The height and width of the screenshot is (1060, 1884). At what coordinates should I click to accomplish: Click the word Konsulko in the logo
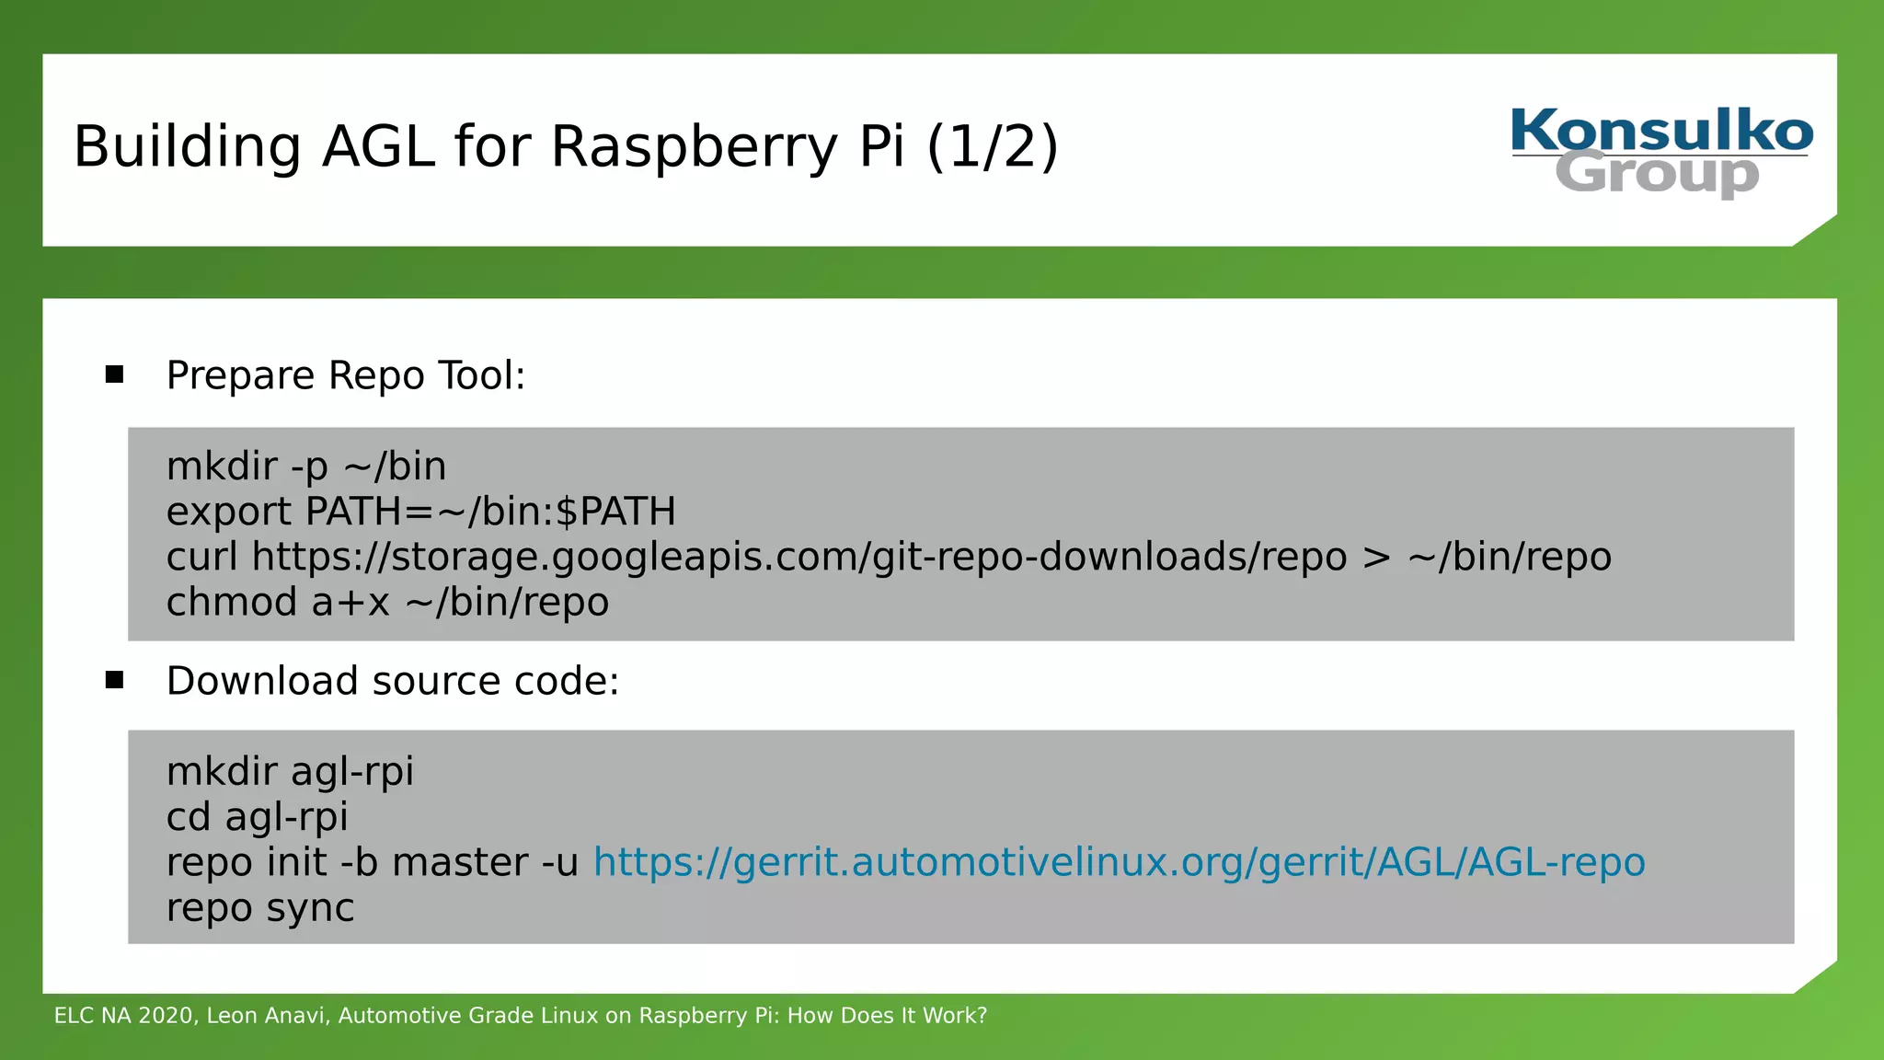click(x=1661, y=131)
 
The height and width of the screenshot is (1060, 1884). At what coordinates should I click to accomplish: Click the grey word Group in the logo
click(x=1657, y=174)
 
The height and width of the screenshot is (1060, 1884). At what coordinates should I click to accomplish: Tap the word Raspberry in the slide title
click(x=697, y=147)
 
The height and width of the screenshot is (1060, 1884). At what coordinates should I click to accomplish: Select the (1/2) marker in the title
click(x=993, y=147)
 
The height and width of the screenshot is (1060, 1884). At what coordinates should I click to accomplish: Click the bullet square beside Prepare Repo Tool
click(x=114, y=374)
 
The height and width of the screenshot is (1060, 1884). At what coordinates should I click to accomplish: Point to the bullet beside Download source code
click(x=114, y=680)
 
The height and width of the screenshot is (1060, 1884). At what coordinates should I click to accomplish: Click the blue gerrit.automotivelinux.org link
click(x=1119, y=862)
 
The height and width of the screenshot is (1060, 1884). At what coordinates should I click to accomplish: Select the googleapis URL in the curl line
click(x=799, y=557)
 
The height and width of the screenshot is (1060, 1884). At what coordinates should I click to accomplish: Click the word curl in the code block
click(x=201, y=557)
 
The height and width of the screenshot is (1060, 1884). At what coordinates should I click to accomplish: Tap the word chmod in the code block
click(x=232, y=603)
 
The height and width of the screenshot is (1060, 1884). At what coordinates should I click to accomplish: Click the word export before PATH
click(x=229, y=512)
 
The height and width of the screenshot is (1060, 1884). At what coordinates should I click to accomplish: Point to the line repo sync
click(x=260, y=908)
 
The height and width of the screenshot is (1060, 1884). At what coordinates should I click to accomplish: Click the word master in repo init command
click(x=459, y=862)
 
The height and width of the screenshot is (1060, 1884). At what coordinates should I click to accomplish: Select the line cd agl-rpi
click(x=258, y=817)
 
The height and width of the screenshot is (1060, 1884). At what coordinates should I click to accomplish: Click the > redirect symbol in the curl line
click(x=1376, y=558)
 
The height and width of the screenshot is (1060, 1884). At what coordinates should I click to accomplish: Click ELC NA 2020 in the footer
click(x=124, y=1016)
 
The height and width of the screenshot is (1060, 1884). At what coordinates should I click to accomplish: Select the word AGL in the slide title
click(x=378, y=147)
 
